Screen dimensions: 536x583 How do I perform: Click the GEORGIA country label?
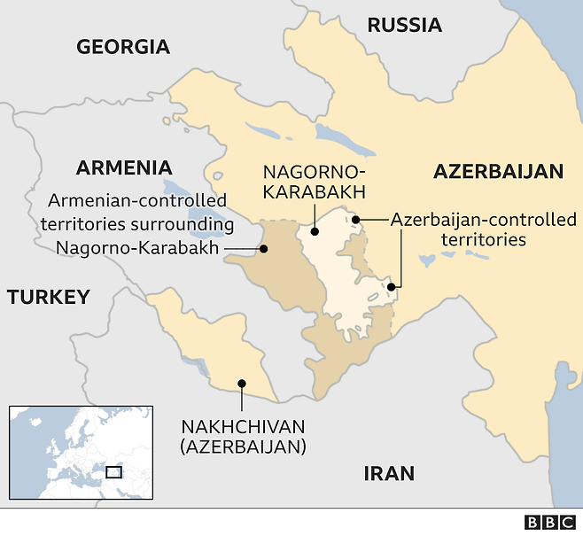point(123,47)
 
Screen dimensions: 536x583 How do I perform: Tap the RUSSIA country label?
point(404,24)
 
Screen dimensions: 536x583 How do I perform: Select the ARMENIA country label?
point(124,167)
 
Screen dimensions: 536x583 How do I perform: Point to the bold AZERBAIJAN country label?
point(498,172)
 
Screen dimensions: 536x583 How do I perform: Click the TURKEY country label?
point(49,297)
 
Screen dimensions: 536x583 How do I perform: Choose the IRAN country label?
point(390,474)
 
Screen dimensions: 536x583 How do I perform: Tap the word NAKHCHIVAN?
point(244,424)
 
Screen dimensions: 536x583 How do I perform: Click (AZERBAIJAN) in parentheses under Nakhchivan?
point(244,447)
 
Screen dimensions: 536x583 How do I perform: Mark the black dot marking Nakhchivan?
point(242,385)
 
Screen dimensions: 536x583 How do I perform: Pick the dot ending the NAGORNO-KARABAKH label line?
point(314,232)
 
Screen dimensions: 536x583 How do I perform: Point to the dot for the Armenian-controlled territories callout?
point(264,249)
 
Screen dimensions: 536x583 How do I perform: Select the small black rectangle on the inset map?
point(113,471)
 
